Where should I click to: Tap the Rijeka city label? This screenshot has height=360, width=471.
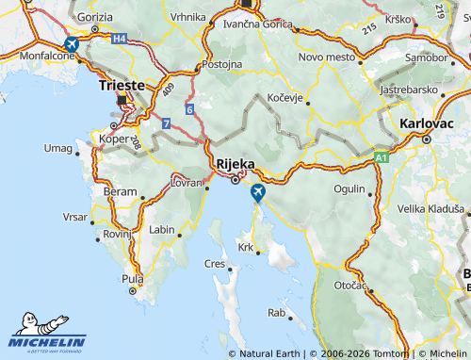point(235,163)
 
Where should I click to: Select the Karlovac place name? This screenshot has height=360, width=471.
point(427,123)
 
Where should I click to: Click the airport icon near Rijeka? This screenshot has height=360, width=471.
point(257,193)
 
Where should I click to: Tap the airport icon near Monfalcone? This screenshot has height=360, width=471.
point(71,44)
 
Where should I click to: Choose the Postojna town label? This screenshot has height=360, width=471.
point(222,65)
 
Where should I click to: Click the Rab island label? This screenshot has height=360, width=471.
point(276,312)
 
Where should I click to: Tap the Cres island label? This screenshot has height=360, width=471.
point(215,264)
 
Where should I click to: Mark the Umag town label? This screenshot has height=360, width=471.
point(58,148)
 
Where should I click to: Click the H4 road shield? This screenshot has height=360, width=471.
point(119,39)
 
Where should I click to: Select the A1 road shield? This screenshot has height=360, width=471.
point(381,157)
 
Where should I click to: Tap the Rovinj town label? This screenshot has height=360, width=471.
point(117,234)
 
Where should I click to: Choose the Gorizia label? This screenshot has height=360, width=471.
point(95,17)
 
